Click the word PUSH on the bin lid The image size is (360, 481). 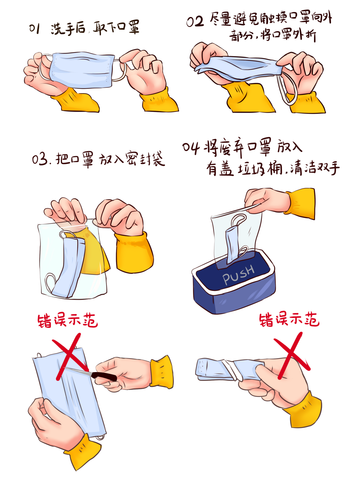click(238, 275)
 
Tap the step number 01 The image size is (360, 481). click(35, 29)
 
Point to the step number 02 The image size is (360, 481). click(195, 21)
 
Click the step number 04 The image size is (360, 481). click(191, 148)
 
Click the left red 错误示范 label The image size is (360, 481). click(67, 321)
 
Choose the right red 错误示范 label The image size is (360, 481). click(289, 320)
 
